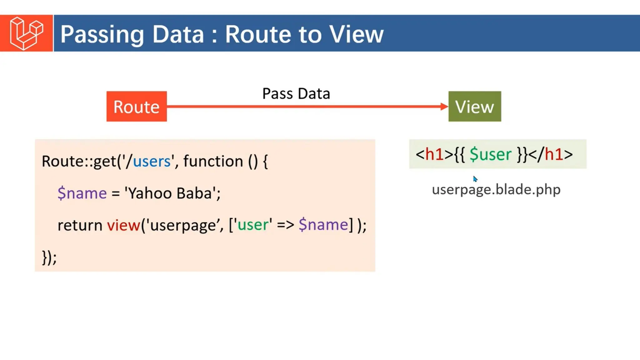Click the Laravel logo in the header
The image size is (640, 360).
[26, 33]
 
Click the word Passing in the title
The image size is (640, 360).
[102, 34]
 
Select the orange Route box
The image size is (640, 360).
[137, 107]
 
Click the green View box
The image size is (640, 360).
[474, 107]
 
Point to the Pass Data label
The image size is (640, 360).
[296, 93]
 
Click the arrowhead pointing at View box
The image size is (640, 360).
[444, 107]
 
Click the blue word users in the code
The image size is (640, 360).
[152, 162]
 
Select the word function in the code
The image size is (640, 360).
[213, 162]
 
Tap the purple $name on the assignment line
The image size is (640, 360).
[82, 193]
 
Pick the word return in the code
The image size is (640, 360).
[80, 225]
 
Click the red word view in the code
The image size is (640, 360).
[123, 225]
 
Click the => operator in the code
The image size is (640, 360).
[285, 225]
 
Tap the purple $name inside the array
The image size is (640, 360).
[323, 225]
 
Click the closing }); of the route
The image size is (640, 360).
[49, 257]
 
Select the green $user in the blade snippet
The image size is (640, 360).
[490, 154]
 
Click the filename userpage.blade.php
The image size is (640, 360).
[496, 190]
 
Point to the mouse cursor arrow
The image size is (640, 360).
[475, 179]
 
